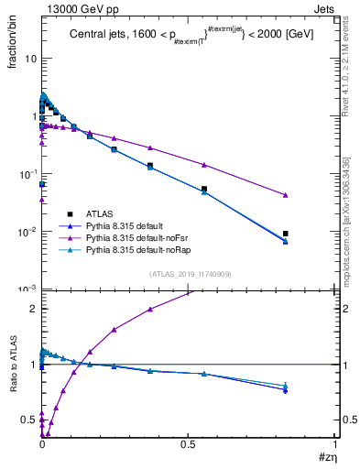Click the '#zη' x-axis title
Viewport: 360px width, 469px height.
[325, 455]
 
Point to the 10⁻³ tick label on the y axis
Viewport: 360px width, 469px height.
[28, 289]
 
